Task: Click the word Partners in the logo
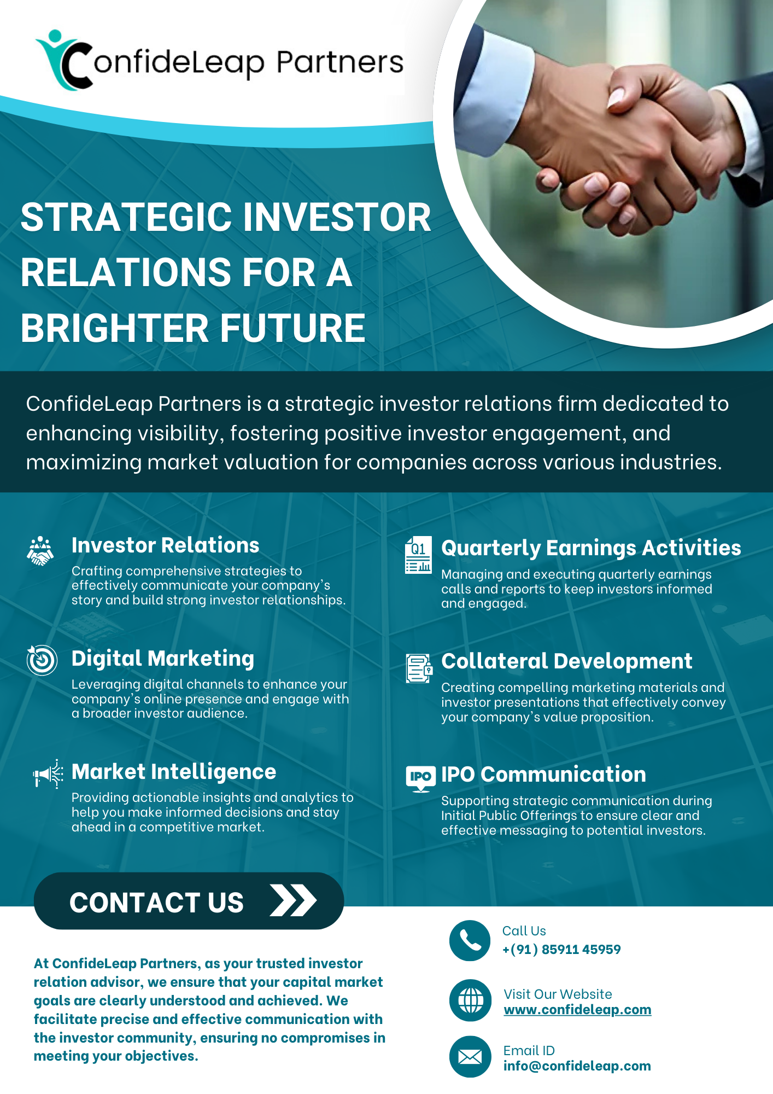coord(339,62)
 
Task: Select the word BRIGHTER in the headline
coord(115,328)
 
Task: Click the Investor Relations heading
coord(165,545)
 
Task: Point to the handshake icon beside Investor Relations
coord(40,551)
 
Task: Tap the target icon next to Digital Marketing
coord(42,660)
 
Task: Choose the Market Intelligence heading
coord(174,772)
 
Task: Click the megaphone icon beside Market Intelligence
coord(48,773)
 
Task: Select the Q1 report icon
coord(418,555)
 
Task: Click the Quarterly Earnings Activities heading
coord(591,548)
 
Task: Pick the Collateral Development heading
coord(567,661)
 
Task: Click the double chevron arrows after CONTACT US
coord(294,900)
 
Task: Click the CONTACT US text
coord(156,903)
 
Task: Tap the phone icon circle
coord(470,941)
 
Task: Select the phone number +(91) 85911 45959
coord(561,950)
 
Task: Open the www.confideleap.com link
coord(577,1010)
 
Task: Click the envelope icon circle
coord(470,1057)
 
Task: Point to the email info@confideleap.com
coord(577,1066)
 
